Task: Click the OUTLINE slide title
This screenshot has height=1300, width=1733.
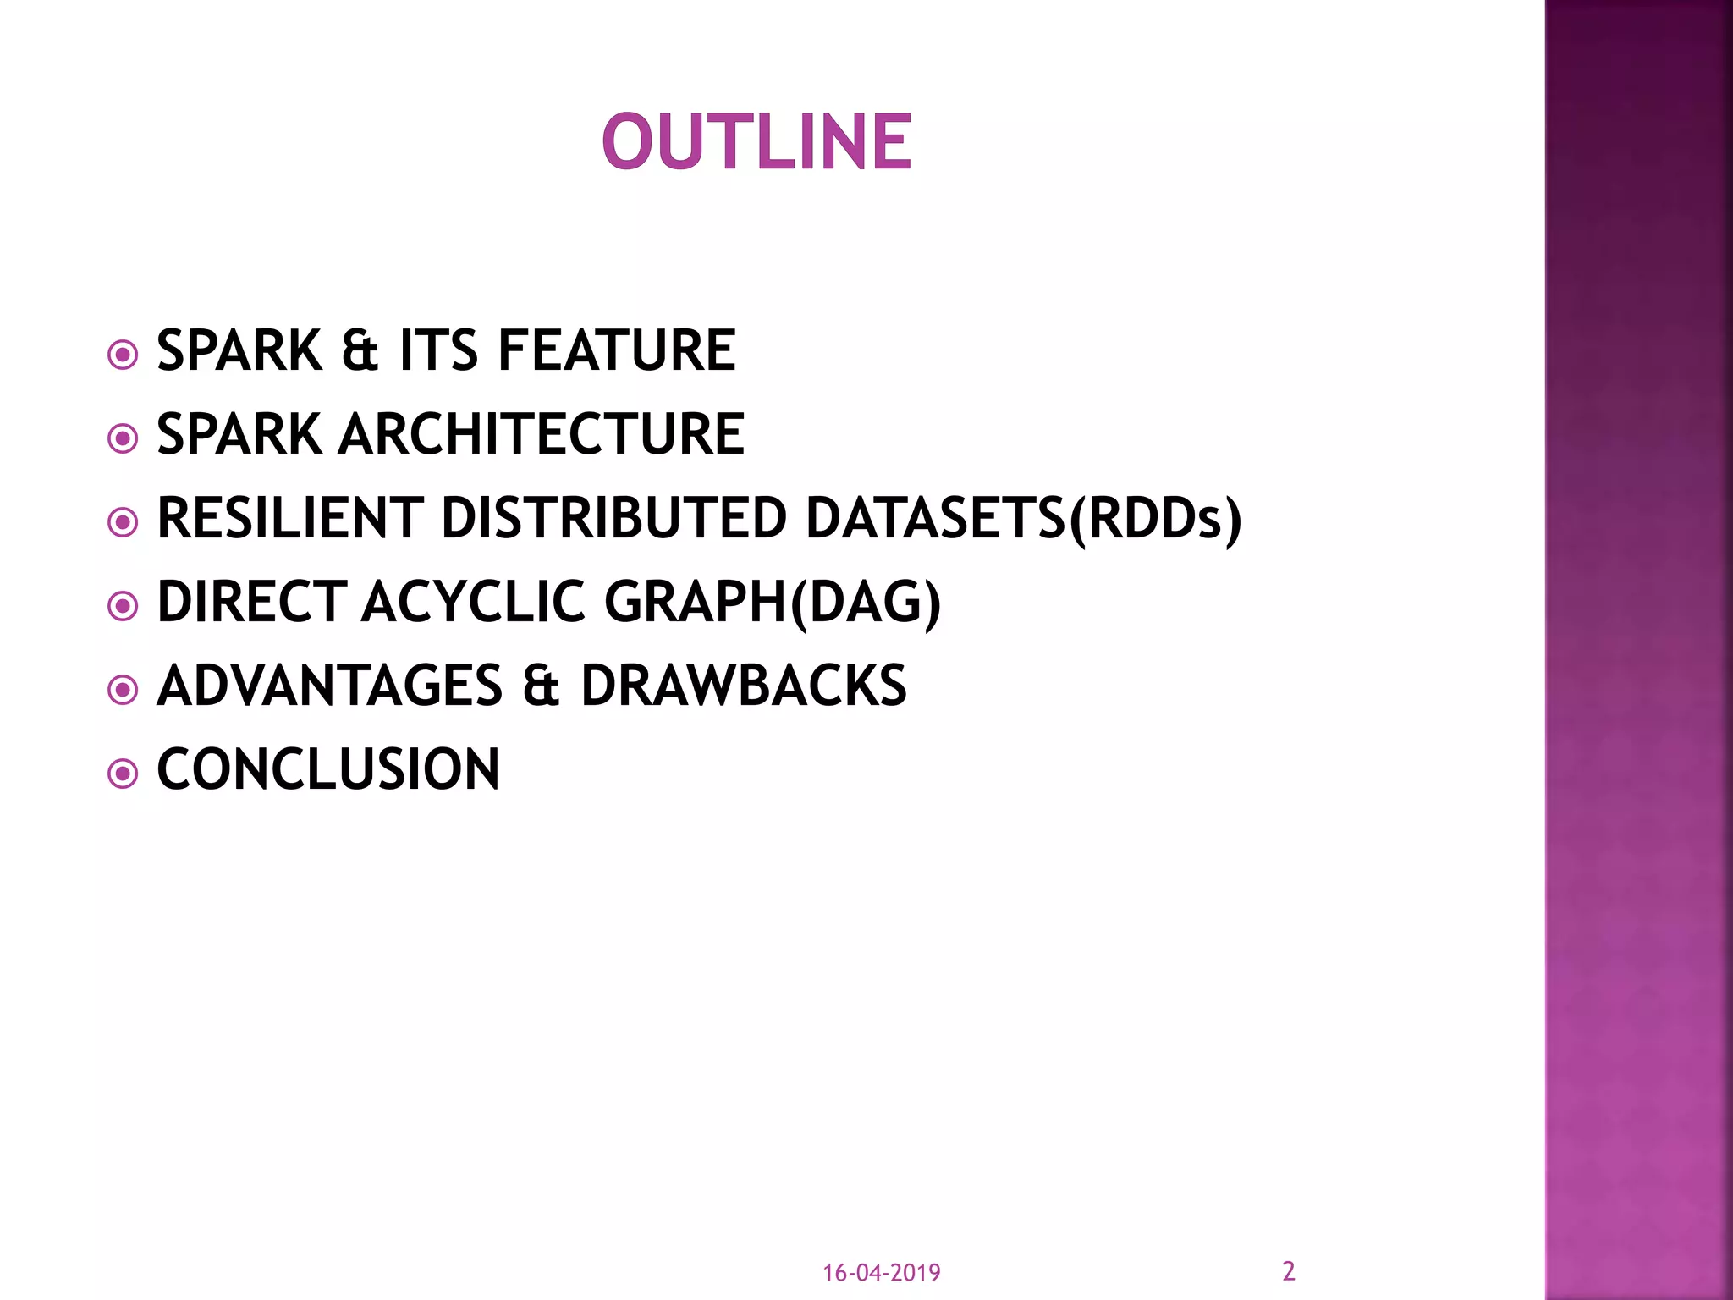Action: tap(757, 142)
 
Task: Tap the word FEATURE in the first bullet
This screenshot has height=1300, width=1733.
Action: tap(617, 350)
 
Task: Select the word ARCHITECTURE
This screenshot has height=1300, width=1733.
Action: tap(542, 434)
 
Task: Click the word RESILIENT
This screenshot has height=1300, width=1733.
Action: tap(290, 518)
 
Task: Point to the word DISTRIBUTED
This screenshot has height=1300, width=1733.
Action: tap(614, 518)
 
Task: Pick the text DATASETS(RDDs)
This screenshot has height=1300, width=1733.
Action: tap(1023, 518)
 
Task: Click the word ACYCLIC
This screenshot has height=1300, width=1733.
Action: tap(474, 602)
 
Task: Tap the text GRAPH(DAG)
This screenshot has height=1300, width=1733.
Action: tap(773, 602)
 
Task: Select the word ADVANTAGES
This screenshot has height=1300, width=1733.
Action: tap(330, 686)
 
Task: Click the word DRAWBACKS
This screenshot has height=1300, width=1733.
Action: tap(744, 686)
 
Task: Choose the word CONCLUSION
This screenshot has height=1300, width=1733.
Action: tap(328, 769)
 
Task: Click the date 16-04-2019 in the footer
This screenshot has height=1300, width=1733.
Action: tap(882, 1273)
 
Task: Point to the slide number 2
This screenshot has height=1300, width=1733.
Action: tap(1289, 1270)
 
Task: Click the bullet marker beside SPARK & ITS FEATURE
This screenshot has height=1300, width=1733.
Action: tap(124, 355)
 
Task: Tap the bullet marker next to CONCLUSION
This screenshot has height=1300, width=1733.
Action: tap(124, 774)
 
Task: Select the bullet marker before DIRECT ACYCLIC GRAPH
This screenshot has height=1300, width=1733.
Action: tap(124, 606)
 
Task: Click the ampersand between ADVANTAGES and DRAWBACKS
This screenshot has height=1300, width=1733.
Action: tap(541, 686)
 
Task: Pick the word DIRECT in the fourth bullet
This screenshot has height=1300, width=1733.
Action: tap(252, 602)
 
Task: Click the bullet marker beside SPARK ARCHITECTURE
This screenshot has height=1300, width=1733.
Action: tap(124, 438)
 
